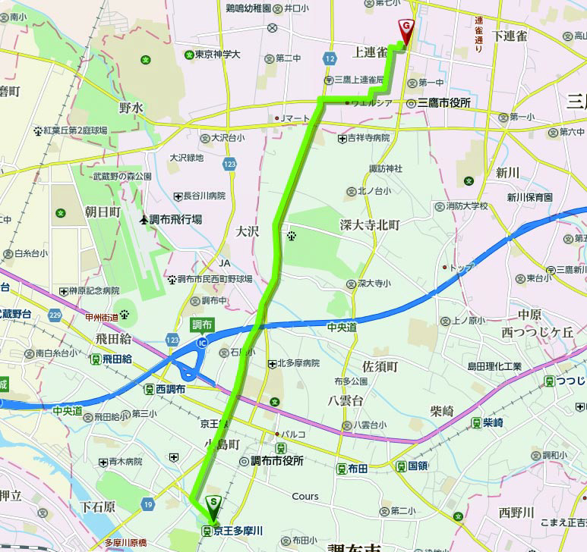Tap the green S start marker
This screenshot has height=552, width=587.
[x=214, y=503]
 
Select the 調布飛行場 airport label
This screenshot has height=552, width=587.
[x=171, y=219]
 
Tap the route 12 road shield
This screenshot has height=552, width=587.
[x=329, y=58]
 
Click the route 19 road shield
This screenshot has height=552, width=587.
[x=147, y=503]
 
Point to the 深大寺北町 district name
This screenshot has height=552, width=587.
[x=370, y=225]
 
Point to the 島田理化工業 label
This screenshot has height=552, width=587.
[x=494, y=366]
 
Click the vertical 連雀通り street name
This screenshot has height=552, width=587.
[x=478, y=34]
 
